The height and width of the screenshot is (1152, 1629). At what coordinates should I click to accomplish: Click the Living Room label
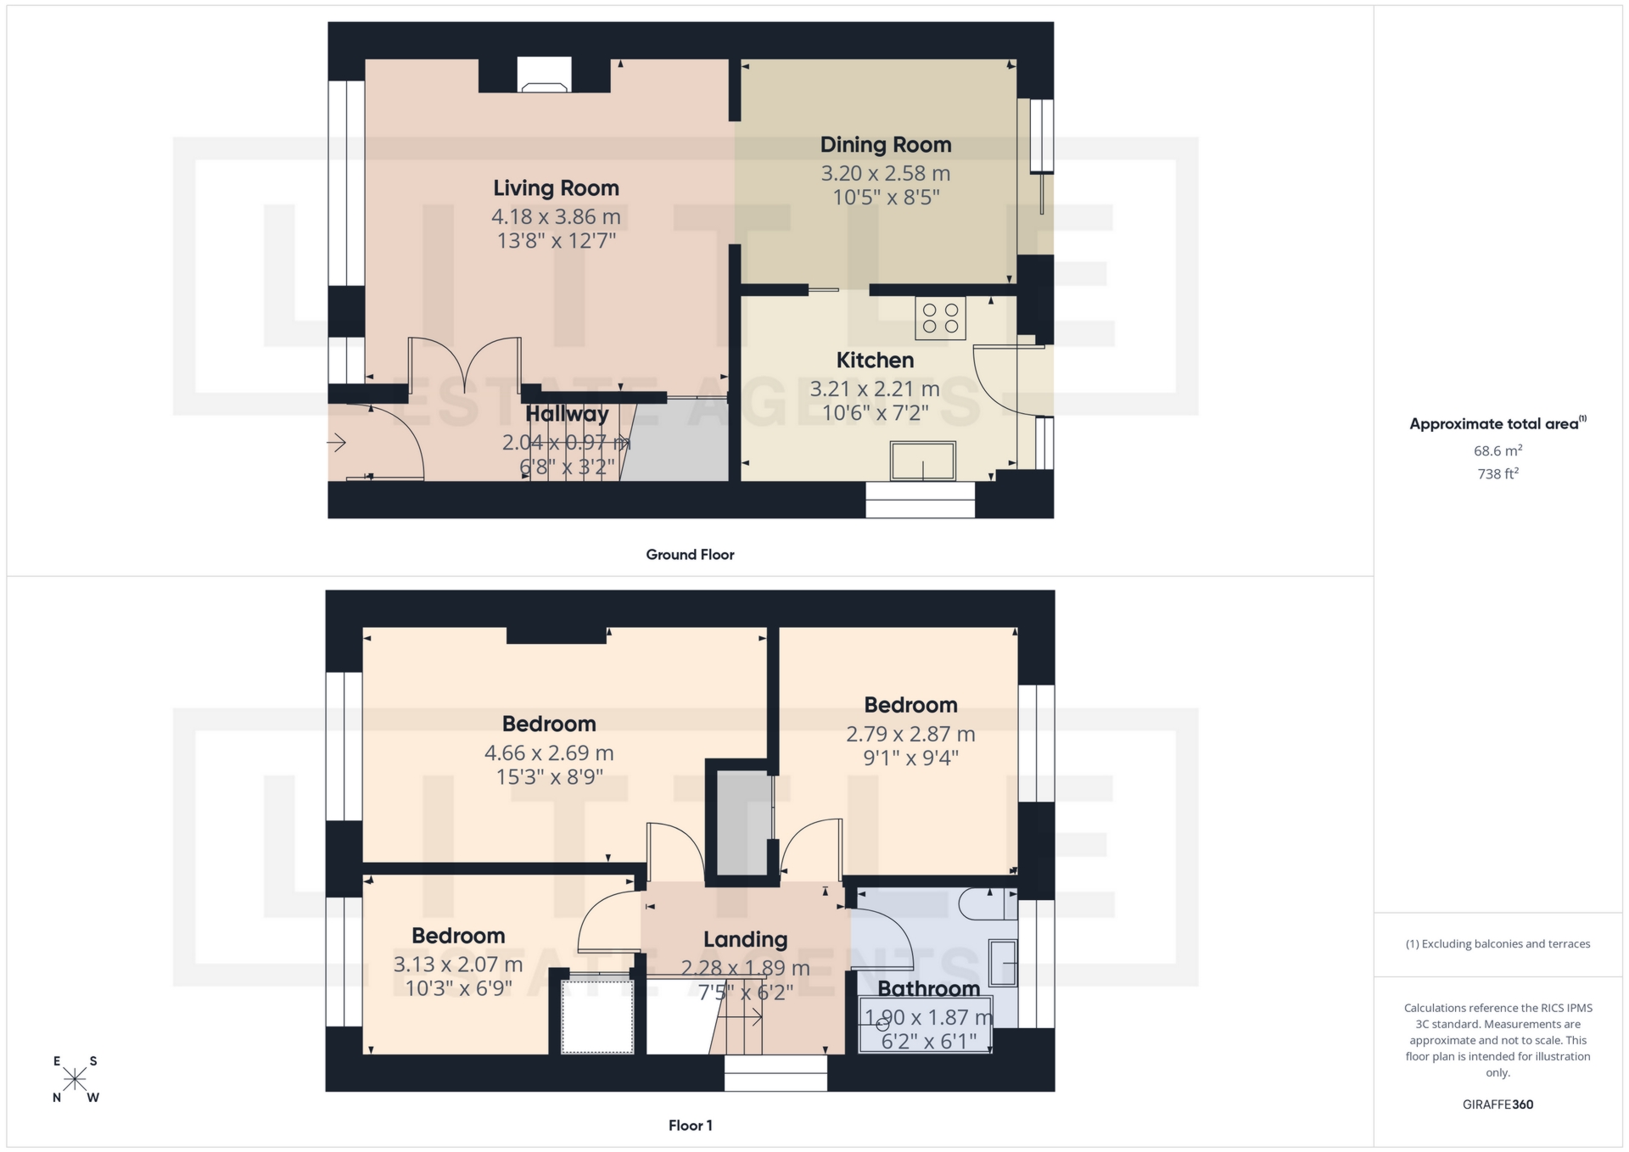coord(556,188)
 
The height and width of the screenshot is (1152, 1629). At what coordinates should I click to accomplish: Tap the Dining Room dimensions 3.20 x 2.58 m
coord(885,174)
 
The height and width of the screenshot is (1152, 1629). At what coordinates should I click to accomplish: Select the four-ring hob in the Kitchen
coord(940,319)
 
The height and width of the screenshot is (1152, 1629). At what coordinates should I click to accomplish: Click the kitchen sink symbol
coord(922,461)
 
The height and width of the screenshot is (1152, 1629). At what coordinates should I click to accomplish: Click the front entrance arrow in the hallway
coord(337,443)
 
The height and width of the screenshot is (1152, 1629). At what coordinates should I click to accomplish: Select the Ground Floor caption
coord(690,555)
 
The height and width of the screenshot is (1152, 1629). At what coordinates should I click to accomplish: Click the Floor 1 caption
coord(690,1126)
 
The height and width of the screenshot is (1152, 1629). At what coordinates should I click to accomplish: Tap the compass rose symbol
coord(75,1079)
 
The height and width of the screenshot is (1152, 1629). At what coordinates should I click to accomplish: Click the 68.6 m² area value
coord(1497,450)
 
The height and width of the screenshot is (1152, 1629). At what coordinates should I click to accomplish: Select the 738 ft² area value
coord(1497,474)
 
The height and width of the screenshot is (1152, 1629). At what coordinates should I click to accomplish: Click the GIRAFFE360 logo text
coord(1497,1104)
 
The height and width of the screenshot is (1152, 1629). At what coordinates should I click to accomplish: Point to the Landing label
coord(745,940)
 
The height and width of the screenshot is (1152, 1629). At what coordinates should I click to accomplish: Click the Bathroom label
coord(928,989)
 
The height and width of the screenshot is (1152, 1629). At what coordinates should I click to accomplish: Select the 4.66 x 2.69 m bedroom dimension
coord(549,753)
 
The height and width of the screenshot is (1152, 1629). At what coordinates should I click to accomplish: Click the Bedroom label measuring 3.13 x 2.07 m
coord(458,937)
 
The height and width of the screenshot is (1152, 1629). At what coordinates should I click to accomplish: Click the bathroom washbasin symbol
coord(1004,964)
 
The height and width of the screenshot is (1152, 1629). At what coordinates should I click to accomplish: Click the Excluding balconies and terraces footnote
coord(1497,944)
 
